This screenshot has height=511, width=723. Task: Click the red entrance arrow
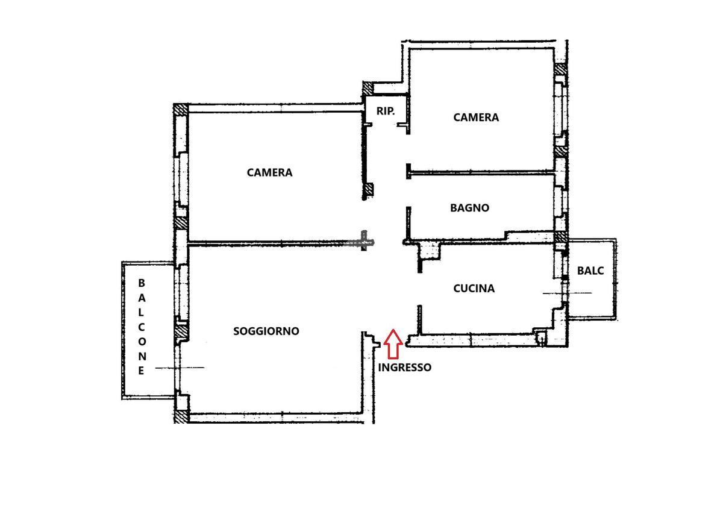pos(393,344)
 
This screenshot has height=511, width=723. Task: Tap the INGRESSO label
pos(404,368)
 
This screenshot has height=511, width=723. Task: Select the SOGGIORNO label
pos(266,331)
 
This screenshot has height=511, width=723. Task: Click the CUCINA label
pos(474,288)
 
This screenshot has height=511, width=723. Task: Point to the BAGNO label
pos(469,207)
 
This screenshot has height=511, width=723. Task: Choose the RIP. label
pos(386,111)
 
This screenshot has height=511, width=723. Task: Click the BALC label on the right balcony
pos(590,271)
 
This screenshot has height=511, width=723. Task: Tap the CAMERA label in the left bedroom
pos(269,172)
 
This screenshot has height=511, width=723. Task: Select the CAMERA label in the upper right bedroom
pos(476,117)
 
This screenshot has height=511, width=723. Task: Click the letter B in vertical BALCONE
pos(142,283)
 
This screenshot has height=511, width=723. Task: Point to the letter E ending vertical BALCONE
pos(141,371)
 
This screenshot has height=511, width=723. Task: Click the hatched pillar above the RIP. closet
pos(368,87)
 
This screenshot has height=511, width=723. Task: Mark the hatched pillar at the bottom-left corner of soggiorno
pos(181,416)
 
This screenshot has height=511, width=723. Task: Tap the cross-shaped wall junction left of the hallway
pos(365,242)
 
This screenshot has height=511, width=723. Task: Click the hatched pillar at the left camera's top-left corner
pos(180,110)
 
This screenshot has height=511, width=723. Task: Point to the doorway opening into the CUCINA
pos(419,289)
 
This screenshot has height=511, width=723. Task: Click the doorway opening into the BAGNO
pos(408,192)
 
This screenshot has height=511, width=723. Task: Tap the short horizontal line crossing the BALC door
pos(567,293)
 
